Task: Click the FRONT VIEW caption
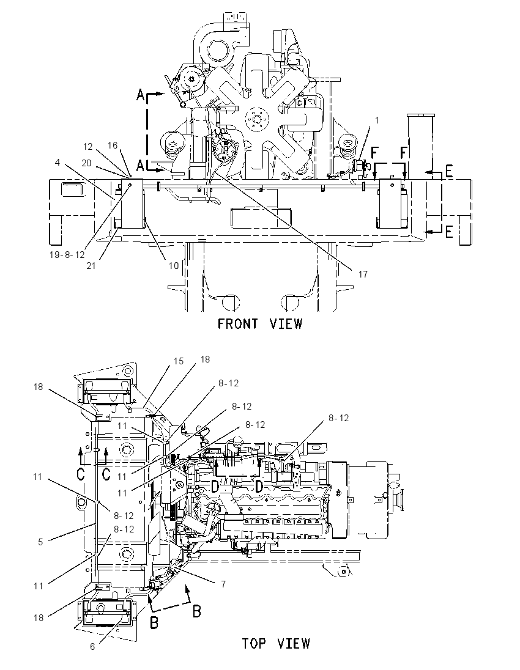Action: coord(259,324)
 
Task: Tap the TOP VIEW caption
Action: coord(276,644)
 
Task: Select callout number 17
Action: coord(363,274)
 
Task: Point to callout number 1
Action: coord(377,121)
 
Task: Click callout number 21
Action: coord(91,266)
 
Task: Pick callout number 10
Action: coord(173,266)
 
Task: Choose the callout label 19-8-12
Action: coord(67,255)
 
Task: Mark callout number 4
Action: coord(58,163)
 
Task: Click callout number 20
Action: coord(86,163)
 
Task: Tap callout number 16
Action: coord(113,145)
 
